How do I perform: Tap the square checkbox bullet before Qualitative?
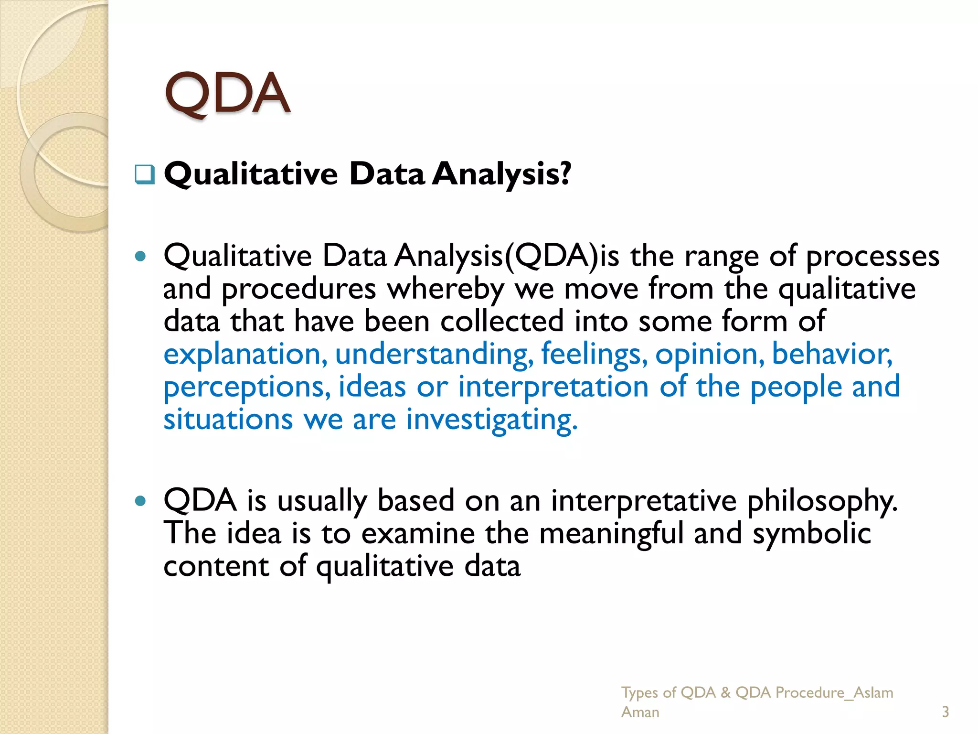[145, 174]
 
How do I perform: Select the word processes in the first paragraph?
[872, 257]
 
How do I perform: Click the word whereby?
[445, 290]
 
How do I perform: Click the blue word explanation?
[245, 355]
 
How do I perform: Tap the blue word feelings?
[594, 355]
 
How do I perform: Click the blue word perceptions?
[246, 387]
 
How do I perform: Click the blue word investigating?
[491, 421]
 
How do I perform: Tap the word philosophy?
[822, 502]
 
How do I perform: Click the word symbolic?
[811, 533]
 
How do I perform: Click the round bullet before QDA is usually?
[140, 501]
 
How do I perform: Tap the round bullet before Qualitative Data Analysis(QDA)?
[140, 257]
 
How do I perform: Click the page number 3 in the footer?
[945, 712]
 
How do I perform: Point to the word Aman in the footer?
[640, 712]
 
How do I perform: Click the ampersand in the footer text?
[725, 692]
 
